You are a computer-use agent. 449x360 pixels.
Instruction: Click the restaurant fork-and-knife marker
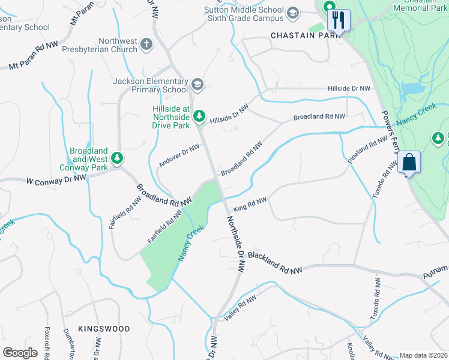coord(339,19)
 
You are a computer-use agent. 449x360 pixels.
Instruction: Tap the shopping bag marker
coord(409,162)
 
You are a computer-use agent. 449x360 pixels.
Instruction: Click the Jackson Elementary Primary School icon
coord(197,83)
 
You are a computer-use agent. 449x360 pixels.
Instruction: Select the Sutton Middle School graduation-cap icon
coord(292,13)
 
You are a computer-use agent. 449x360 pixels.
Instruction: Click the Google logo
coord(20,353)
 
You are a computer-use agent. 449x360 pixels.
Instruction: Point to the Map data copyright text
coord(423,355)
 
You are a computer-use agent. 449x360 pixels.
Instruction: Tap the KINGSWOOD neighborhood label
coord(104,329)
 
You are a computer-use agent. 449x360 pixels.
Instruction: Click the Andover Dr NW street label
coord(179,155)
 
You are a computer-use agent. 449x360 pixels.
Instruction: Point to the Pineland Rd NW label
coord(368,150)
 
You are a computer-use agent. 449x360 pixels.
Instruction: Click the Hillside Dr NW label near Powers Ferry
coord(349,88)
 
